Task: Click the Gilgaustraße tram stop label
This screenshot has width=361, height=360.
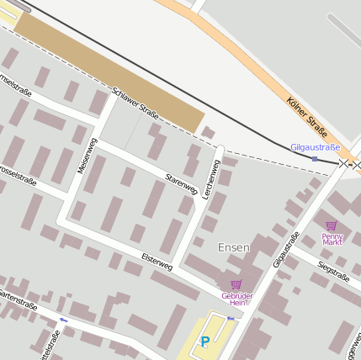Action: pos(315,147)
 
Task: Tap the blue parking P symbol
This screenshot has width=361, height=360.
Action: pos(204,342)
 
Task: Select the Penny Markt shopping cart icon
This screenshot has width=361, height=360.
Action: pos(331,225)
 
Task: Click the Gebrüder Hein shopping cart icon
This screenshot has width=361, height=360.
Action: pos(236,284)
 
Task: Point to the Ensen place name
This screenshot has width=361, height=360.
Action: pos(233,247)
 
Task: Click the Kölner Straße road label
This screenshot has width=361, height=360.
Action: pos(307,118)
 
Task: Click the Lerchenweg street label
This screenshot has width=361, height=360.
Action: pos(212,177)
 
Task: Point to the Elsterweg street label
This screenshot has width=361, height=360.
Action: pos(157,261)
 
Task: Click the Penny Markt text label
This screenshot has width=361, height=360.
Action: pos(332,238)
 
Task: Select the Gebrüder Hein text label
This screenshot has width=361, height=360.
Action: pos(236,299)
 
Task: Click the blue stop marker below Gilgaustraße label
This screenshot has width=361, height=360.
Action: pos(315,158)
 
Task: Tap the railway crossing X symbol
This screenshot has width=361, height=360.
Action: pos(343,163)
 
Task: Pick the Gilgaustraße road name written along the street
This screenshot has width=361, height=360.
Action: pos(286,249)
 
